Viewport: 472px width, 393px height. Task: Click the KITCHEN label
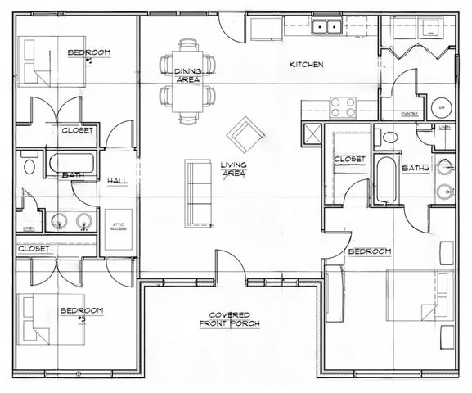click(307, 65)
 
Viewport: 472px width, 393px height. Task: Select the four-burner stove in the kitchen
click(342, 107)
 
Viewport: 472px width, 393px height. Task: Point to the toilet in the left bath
click(29, 167)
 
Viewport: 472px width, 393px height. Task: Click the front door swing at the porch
click(229, 266)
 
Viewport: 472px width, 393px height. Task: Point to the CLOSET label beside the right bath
click(349, 159)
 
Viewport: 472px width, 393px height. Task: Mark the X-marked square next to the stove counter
click(312, 133)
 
